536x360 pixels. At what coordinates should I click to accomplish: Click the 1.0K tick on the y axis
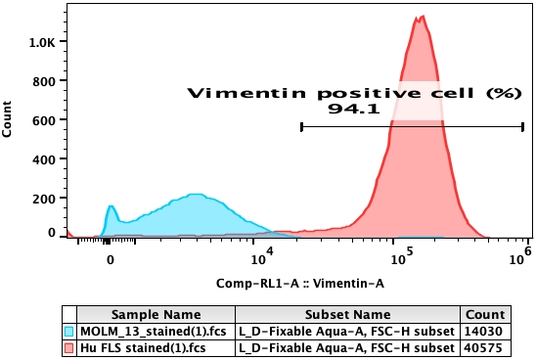click(x=42, y=43)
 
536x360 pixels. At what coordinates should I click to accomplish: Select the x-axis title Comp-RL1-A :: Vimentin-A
click(x=300, y=282)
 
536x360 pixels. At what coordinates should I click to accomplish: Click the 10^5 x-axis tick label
click(x=400, y=259)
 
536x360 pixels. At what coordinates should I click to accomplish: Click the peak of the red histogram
click(x=421, y=17)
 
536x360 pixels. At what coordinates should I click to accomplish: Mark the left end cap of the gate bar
click(x=301, y=126)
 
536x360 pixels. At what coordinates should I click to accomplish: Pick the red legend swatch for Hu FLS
click(x=68, y=348)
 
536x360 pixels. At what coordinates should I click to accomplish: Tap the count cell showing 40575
click(x=486, y=348)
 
